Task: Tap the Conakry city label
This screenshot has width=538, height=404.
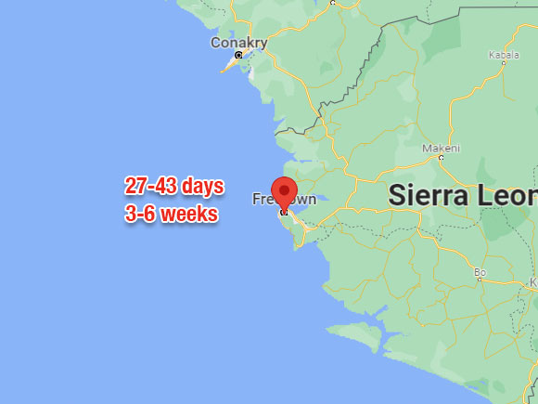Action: tap(238, 43)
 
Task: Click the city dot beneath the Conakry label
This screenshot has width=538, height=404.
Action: tap(238, 56)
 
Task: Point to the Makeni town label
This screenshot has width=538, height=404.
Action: tap(441, 148)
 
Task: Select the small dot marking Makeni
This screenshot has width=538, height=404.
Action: tap(441, 158)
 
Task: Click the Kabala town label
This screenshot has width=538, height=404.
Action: tap(504, 55)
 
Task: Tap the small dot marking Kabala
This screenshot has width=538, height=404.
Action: tap(504, 65)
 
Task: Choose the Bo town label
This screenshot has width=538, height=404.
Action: tap(480, 272)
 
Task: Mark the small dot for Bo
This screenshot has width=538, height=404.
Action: tap(480, 281)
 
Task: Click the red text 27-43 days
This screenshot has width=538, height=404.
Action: tap(174, 186)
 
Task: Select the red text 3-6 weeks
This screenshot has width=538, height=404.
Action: tap(172, 215)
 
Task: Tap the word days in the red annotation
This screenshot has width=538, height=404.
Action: tap(202, 186)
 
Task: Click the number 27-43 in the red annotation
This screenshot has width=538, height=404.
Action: tap(150, 186)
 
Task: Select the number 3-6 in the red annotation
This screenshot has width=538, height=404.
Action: tap(138, 215)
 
